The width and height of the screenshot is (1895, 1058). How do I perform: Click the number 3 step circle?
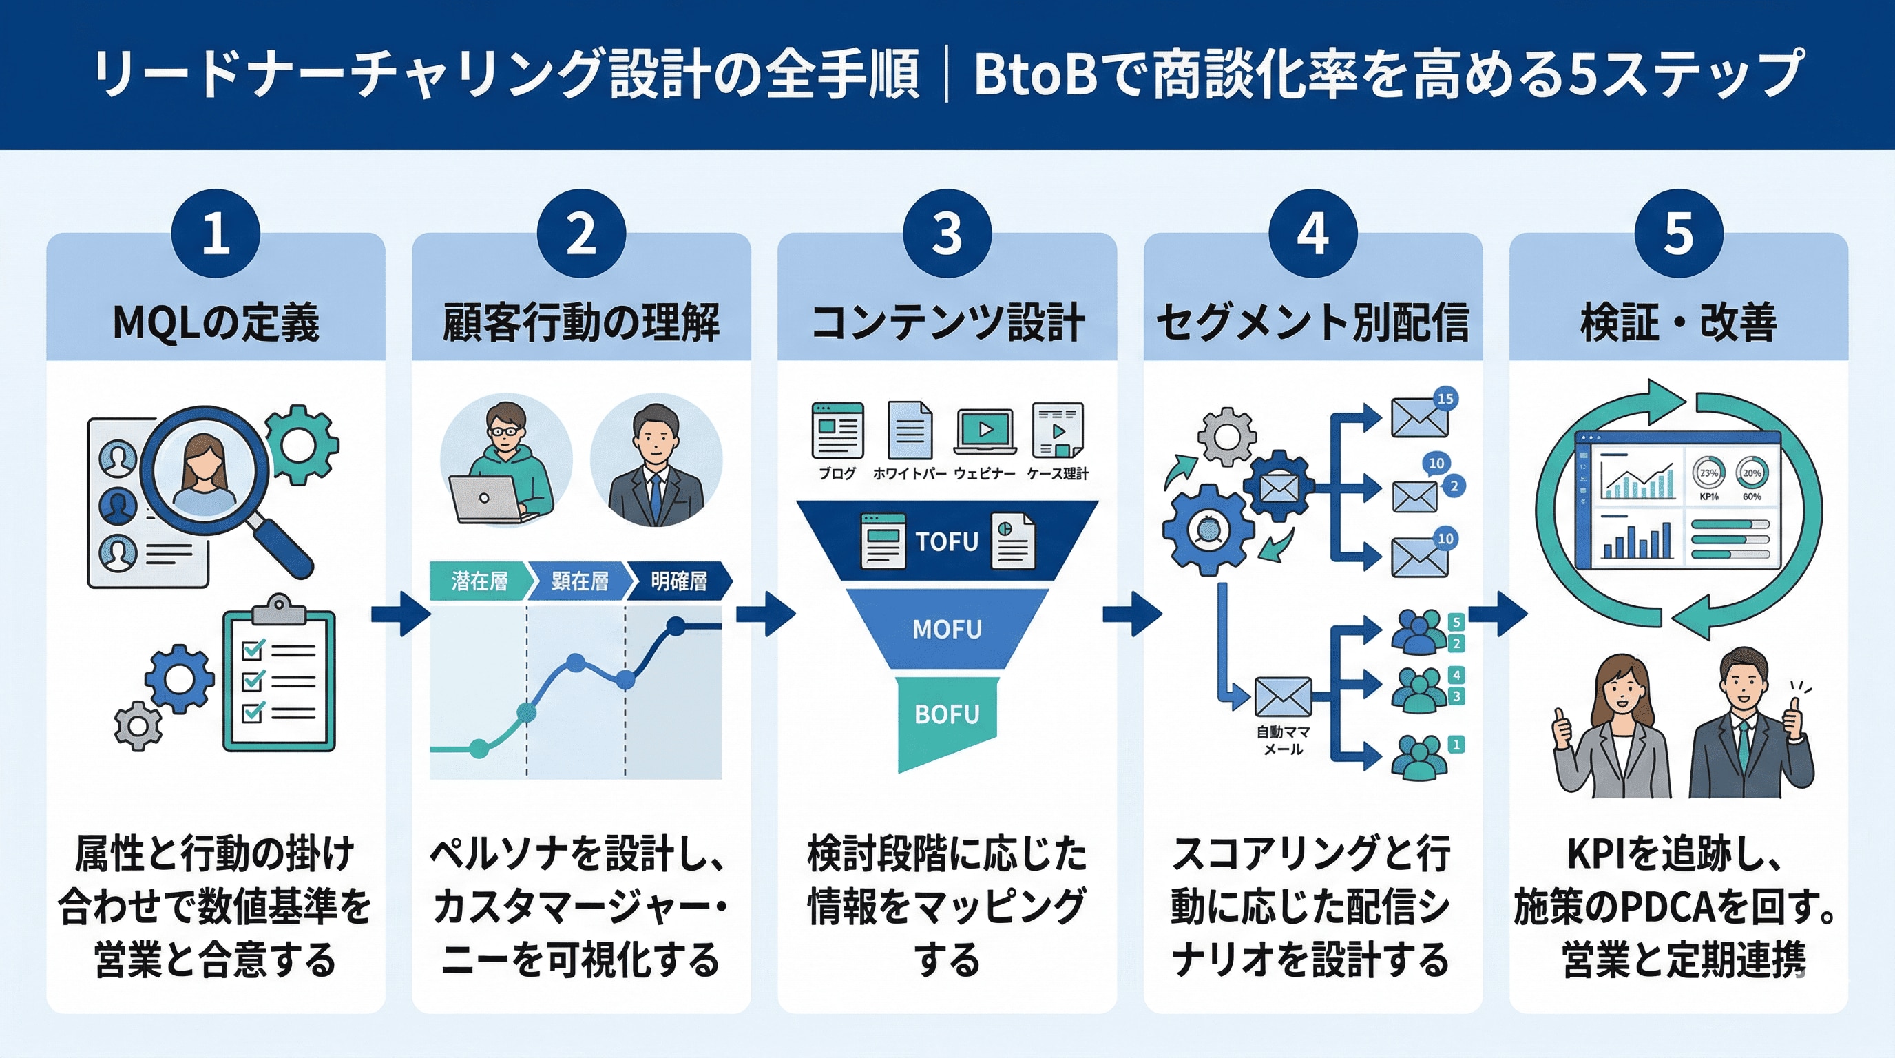point(947,234)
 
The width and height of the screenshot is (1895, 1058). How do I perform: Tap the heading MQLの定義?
point(216,323)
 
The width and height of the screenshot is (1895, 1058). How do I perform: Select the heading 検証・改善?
point(1678,323)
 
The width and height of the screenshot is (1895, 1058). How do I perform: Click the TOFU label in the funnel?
point(947,541)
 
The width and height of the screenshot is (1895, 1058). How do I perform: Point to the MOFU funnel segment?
point(947,629)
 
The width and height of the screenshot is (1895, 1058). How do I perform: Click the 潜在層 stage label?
point(479,581)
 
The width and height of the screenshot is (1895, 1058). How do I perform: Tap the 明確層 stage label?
point(679,581)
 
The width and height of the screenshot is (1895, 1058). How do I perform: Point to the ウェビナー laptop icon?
point(984,431)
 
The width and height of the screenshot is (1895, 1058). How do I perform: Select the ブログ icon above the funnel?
point(837,431)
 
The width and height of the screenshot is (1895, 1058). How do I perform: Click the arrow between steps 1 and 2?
point(399,614)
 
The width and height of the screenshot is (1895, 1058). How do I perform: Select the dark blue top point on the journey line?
point(676,627)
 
